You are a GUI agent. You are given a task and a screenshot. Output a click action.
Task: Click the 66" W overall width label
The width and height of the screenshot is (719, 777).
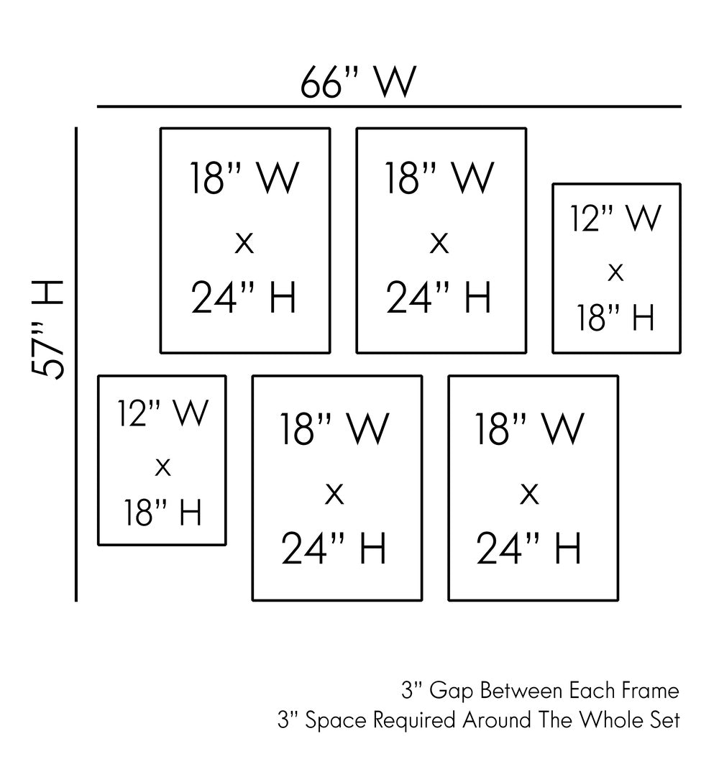[358, 83]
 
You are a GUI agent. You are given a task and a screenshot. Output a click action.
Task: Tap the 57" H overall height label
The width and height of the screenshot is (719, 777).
[50, 328]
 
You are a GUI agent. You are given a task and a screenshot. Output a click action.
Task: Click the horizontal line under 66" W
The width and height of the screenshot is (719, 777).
[389, 107]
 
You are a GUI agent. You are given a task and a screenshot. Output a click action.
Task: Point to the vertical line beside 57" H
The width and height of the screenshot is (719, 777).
[76, 364]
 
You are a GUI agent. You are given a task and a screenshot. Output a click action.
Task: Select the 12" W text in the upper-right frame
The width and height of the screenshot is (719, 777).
[615, 219]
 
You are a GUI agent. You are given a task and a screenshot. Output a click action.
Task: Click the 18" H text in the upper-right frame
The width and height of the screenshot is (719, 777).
[615, 317]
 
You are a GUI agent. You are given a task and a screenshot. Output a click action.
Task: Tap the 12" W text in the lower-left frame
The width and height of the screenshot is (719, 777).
[163, 414]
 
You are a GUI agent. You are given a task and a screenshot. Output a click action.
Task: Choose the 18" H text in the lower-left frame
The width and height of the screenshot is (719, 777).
[163, 513]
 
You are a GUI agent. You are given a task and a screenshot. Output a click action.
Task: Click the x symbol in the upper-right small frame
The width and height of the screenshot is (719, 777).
[615, 272]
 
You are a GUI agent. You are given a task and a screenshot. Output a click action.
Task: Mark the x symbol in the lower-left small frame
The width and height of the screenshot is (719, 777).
[163, 468]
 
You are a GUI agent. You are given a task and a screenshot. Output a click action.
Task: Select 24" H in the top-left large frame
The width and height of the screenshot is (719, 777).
[244, 298]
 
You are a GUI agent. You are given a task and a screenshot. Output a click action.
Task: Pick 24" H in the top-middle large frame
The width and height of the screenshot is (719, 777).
[439, 298]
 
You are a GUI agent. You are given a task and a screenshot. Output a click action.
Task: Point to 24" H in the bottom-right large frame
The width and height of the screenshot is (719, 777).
[529, 549]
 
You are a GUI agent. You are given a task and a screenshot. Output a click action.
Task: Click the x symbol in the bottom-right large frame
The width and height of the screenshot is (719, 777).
[529, 494]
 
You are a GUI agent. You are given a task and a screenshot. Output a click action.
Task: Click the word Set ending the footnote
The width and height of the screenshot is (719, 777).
[665, 720]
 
